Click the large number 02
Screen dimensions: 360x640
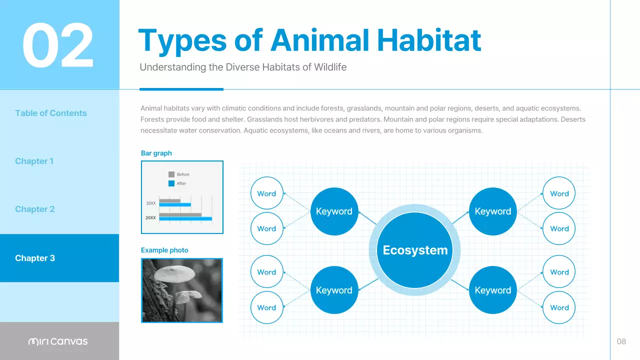point(58,45)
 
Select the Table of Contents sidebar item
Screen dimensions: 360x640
point(51,113)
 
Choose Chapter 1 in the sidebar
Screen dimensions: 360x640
point(34,161)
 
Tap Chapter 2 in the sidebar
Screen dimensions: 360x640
point(34,209)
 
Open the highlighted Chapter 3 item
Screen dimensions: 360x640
point(35,258)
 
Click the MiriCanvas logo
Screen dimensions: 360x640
point(58,341)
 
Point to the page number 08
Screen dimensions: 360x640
point(621,341)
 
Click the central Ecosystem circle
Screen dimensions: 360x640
point(415,250)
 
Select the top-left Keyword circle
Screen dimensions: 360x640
point(334,211)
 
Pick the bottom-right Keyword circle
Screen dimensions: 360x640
point(492,290)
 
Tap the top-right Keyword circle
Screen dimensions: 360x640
point(492,211)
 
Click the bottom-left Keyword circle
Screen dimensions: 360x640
point(334,290)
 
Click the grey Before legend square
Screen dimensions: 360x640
point(171,174)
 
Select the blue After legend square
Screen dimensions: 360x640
point(171,183)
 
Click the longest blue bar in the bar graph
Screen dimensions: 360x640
point(185,219)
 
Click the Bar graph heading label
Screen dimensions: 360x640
point(156,153)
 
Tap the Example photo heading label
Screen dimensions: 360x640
point(164,250)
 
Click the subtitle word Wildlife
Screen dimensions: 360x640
point(330,67)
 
